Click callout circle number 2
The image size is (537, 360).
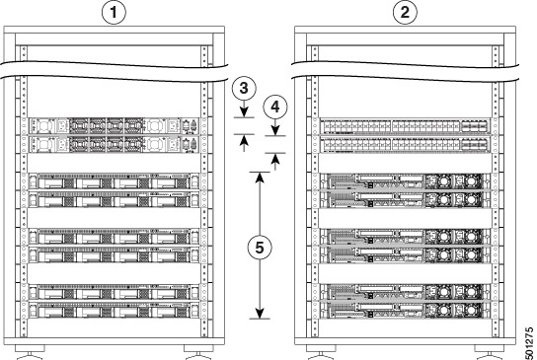pyautogui.click(x=406, y=14)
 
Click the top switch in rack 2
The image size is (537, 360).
pyautogui.click(x=404, y=127)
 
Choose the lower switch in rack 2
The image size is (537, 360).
pyautogui.click(x=404, y=145)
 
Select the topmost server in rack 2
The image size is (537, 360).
pyautogui.click(x=404, y=181)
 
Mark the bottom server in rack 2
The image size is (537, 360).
pyautogui.click(x=404, y=311)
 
